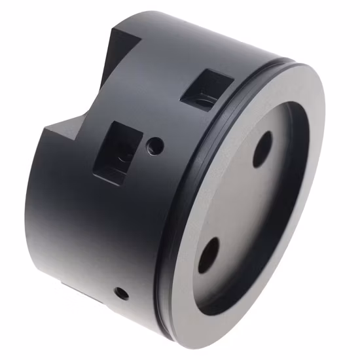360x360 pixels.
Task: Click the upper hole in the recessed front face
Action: click(x=262, y=149)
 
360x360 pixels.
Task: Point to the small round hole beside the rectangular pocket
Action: click(x=155, y=145)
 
